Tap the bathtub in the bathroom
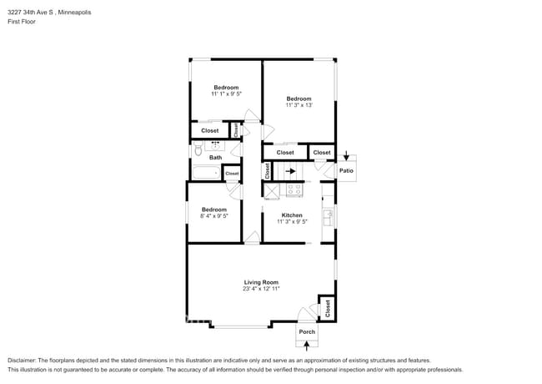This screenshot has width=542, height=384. pos(205,174)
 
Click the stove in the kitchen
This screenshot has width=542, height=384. pos(294,190)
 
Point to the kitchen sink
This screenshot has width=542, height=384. pos(329,216)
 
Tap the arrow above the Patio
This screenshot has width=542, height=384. pos(347,155)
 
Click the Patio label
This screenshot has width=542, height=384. pos(346,171)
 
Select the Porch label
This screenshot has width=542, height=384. pos(307,331)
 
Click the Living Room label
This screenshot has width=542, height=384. pos(260,282)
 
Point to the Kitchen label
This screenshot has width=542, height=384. pos(292,215)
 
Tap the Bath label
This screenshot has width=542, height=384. pos(215,157)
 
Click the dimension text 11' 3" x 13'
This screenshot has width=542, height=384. pos(299,105)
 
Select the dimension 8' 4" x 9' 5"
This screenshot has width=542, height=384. pos(214,216)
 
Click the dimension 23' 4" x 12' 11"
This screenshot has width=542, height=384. pos(260,289)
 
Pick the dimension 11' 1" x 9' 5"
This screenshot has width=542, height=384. pos(226,94)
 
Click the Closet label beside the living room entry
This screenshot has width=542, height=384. pos(327,307)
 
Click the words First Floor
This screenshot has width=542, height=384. pos(22,22)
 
